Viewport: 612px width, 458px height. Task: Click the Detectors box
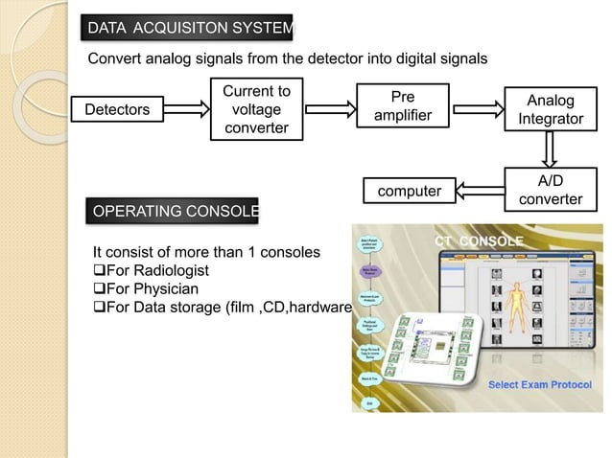[x=118, y=110]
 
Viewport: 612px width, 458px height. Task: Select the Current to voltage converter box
[x=255, y=110]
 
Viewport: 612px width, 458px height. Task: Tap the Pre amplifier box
[x=404, y=106]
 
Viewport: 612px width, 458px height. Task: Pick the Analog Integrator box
[x=550, y=110]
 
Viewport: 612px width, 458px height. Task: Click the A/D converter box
[x=550, y=189]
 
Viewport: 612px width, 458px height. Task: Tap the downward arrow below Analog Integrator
[x=551, y=149]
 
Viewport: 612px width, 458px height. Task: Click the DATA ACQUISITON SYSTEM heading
[x=189, y=31]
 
